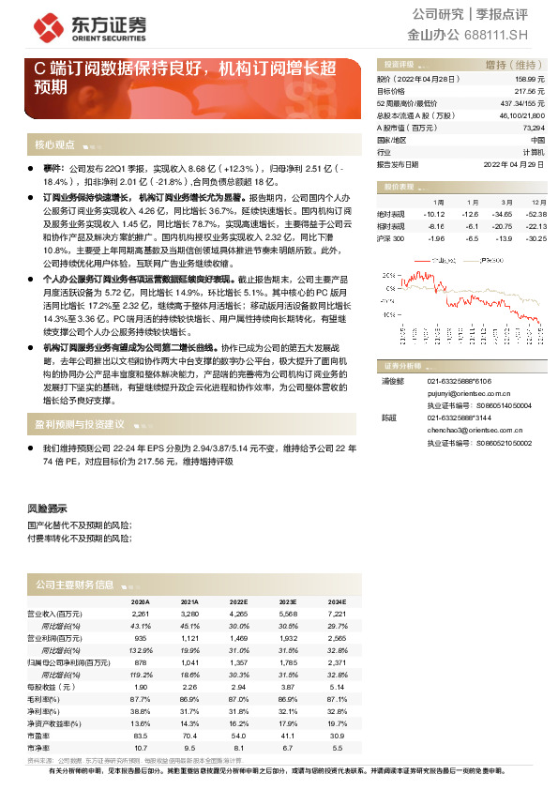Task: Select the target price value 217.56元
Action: pos(531,92)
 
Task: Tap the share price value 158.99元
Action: pos(531,82)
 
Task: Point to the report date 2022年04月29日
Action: pos(514,163)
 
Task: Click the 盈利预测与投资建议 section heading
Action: pos(81,424)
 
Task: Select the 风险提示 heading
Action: pos(47,508)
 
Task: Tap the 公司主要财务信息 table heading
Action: pos(74,584)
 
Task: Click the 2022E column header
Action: pos(240,602)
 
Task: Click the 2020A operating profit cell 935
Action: pos(141,637)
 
